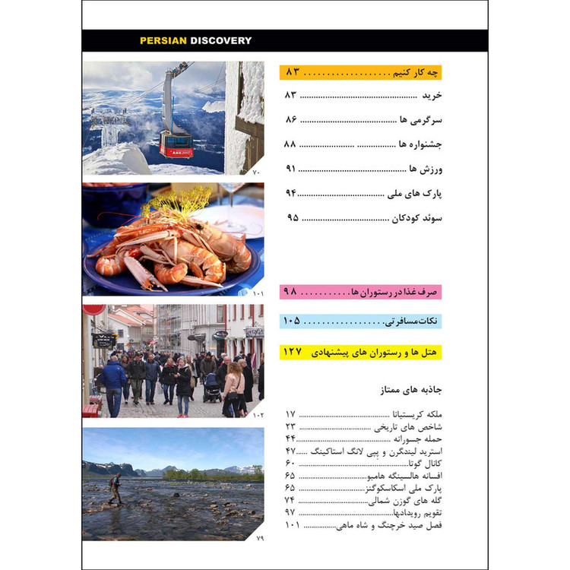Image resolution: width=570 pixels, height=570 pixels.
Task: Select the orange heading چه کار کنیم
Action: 410,72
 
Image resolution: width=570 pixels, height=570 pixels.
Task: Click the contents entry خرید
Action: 432,97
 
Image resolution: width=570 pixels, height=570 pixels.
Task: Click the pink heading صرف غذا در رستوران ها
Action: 391,292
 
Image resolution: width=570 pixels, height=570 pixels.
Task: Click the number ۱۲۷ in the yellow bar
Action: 293,353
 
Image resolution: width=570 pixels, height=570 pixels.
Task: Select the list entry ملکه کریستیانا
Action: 414,414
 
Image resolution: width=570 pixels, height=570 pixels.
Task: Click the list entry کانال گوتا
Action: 424,462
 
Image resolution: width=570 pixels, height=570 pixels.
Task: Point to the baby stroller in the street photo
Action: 212,388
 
